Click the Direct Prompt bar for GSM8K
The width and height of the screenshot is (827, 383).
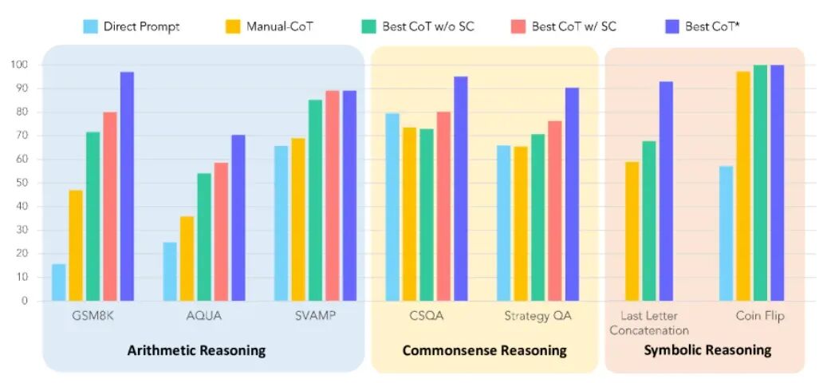coord(59,282)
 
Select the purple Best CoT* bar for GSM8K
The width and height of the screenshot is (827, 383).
coord(127,187)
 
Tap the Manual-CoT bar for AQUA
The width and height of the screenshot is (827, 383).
coord(187,259)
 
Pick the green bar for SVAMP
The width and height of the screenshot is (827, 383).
coord(315,200)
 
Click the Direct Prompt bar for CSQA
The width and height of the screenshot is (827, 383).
coord(392,207)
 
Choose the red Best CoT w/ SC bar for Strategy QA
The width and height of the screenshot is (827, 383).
coord(554,211)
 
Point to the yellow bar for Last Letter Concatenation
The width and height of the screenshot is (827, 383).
coord(632,231)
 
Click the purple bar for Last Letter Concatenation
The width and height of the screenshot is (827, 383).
coord(666,191)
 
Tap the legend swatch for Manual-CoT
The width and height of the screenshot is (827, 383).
coord(233,26)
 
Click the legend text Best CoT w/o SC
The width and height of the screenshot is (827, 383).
coord(427,26)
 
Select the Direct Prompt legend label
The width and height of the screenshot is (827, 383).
coord(141,26)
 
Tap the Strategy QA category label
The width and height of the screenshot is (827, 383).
coord(538,316)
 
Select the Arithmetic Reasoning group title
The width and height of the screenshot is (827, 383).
coord(196,350)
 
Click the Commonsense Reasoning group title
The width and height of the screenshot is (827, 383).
coord(484,350)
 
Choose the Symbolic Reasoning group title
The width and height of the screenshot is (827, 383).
coord(707,350)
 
